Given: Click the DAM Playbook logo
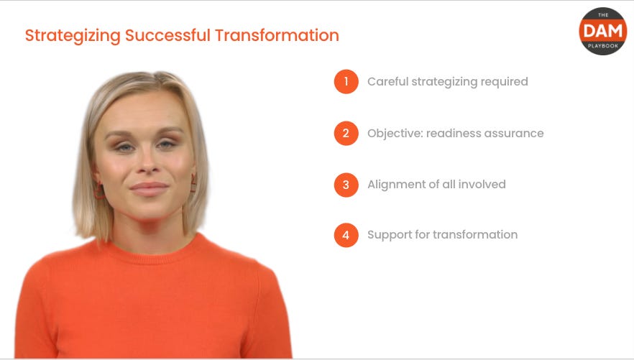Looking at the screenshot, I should [602, 31].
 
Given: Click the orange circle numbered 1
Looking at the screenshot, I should [346, 82].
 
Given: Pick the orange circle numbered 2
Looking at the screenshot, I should [346, 133].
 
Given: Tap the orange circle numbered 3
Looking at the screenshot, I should [346, 184].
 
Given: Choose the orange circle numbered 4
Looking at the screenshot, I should [346, 235].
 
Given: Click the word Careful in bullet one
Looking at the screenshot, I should [387, 82].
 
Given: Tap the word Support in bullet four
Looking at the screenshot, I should [389, 235].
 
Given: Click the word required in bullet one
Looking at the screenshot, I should [505, 82].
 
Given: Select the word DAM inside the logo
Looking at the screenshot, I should [602, 29].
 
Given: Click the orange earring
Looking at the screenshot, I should [98, 191].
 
